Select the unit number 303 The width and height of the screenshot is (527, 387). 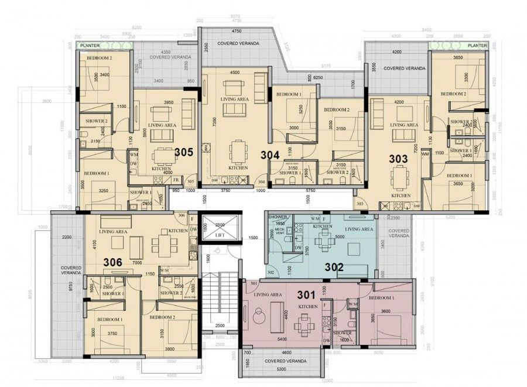[x=399, y=158]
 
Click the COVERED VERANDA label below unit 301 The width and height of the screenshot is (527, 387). [x=286, y=361]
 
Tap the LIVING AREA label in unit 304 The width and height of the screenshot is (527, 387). [x=234, y=100]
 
